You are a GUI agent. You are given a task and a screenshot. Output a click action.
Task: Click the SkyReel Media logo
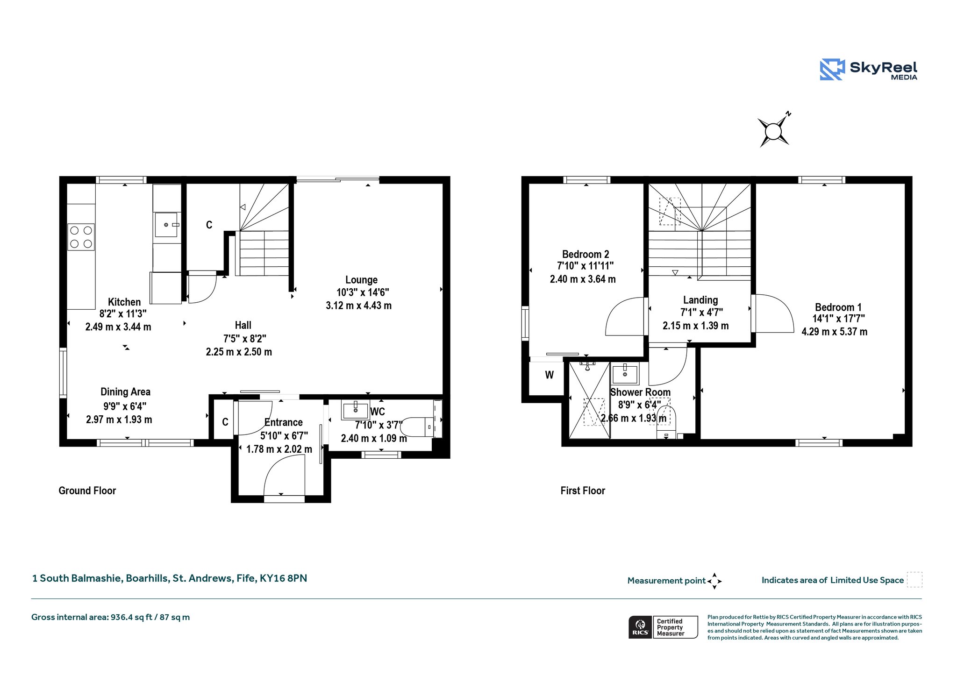click(869, 70)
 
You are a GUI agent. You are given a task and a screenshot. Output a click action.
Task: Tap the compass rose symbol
click(774, 130)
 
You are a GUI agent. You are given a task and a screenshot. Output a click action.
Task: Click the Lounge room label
click(361, 280)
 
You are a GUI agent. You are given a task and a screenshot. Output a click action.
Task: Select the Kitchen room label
click(124, 302)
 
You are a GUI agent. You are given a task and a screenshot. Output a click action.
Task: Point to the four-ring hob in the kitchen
click(81, 237)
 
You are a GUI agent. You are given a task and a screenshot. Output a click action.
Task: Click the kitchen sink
click(167, 225)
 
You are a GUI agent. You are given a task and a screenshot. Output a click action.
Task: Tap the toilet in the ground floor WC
click(417, 427)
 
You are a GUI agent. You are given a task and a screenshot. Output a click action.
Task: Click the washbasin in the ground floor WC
click(356, 410)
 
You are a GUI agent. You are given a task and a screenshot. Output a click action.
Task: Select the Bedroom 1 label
click(838, 307)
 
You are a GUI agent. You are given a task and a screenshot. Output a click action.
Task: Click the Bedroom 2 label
click(586, 254)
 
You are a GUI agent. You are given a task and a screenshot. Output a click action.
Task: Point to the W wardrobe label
click(550, 375)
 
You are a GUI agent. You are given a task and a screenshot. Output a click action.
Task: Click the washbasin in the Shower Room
click(625, 374)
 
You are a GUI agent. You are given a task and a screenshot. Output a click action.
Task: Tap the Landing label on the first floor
click(700, 300)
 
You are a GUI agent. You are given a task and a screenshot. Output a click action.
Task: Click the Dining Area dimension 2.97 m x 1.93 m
click(119, 420)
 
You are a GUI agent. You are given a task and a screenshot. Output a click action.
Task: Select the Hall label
click(243, 325)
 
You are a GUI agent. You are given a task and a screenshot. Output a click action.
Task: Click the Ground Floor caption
click(87, 491)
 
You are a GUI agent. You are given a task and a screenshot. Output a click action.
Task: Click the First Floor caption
click(583, 491)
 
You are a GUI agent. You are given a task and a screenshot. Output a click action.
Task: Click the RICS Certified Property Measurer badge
click(663, 627)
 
